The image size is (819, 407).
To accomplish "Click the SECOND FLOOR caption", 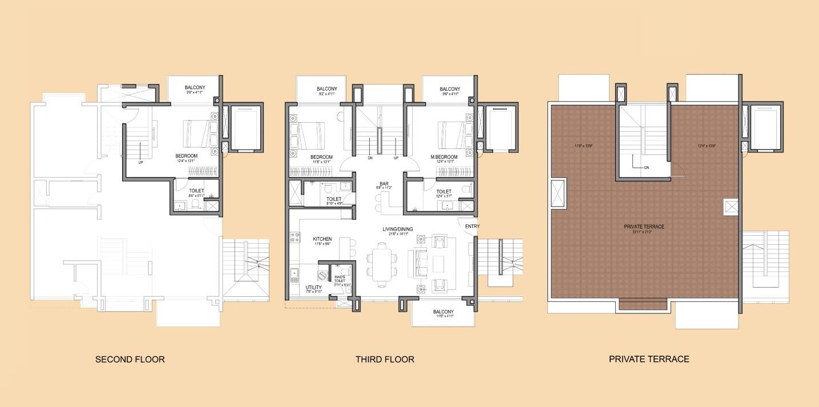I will tap(130, 360).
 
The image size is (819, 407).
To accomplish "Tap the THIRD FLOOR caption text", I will tap(385, 360).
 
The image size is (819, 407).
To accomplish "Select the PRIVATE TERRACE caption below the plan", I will tap(649, 359).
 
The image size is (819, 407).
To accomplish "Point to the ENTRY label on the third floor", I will tap(472, 227).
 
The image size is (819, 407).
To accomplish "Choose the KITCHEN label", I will tap(322, 239).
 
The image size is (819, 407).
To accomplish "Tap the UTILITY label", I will tap(314, 287).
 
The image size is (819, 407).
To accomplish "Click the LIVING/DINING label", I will tap(398, 229).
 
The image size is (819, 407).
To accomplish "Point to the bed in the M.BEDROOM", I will tap(453, 134).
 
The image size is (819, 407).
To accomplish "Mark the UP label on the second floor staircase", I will tap(140, 162).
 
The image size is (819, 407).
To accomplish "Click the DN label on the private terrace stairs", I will tap(647, 168).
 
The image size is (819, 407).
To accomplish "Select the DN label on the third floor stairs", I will tap(370, 158).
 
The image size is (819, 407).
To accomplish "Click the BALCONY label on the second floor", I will tap(195, 87).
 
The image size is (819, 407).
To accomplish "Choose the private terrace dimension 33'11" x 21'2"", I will tap(643, 232).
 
